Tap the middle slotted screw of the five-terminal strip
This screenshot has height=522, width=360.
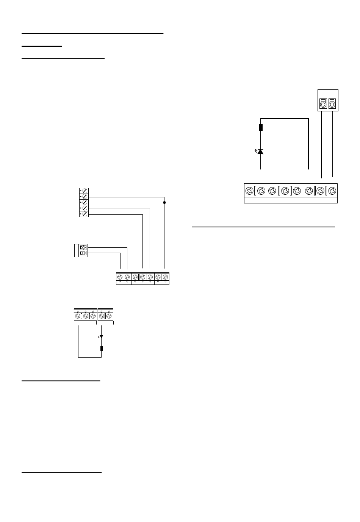(85, 202)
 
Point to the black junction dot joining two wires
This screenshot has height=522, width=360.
(164, 203)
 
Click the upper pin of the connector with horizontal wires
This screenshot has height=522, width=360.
(83, 247)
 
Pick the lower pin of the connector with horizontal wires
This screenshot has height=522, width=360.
(83, 253)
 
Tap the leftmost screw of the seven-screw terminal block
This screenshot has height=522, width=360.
(120, 277)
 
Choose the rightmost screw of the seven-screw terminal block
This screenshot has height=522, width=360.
(165, 277)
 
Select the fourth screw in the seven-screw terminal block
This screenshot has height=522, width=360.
(142, 277)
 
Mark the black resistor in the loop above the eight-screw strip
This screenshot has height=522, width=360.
(261, 127)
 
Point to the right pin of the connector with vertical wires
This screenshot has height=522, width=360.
(332, 103)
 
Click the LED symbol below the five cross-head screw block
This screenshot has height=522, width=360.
(101, 336)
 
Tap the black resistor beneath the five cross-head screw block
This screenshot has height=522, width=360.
(102, 349)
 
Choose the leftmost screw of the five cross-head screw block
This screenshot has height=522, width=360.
(78, 316)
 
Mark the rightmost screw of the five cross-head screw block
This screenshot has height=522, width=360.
(109, 316)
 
